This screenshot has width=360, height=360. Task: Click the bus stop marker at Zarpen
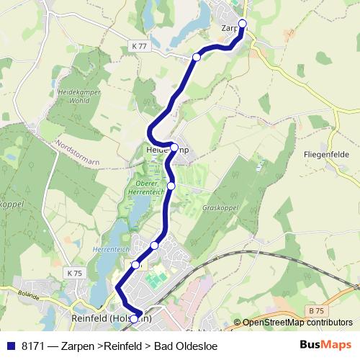[x=242, y=24]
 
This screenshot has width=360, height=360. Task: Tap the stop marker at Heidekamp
[x=174, y=148]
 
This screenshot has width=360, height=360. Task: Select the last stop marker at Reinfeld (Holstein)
[x=134, y=318]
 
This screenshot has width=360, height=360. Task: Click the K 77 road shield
[x=139, y=45]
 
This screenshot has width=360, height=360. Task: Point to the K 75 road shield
[x=74, y=273]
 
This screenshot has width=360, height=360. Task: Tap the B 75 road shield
[x=315, y=310]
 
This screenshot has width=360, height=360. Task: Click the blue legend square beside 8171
[x=11, y=346]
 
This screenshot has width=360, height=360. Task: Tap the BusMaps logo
[x=325, y=345]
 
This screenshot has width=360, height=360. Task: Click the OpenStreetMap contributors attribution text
[x=297, y=323]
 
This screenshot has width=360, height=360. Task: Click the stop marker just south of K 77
[x=196, y=56]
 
